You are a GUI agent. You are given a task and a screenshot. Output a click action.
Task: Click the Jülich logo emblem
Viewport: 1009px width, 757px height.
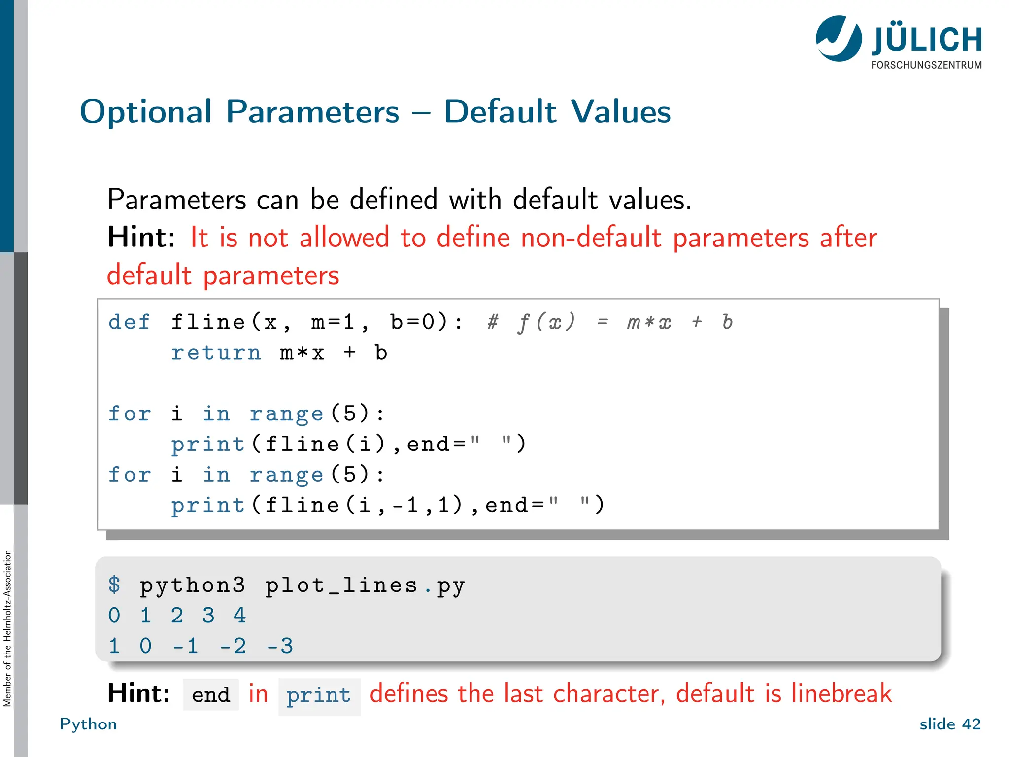[x=839, y=38]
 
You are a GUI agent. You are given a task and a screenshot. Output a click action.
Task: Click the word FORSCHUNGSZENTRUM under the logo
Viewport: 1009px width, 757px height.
[x=926, y=65]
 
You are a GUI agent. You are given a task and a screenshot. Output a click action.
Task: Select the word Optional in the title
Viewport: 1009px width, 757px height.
[x=146, y=112]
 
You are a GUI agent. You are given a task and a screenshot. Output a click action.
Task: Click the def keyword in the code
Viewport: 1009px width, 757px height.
[x=129, y=322]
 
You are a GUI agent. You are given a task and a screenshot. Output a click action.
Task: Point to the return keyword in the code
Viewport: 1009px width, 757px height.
[x=216, y=353]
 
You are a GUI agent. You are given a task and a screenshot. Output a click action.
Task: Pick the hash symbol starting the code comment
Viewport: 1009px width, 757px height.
[x=493, y=322]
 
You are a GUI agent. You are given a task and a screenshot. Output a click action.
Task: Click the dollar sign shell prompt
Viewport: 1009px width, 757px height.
[x=114, y=585]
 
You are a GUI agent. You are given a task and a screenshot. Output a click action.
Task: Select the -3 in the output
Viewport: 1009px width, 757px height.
[x=280, y=646]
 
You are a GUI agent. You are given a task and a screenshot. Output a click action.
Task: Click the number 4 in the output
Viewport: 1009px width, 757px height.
[x=240, y=616]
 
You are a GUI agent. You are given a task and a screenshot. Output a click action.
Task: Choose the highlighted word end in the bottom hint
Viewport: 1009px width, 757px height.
[x=211, y=695]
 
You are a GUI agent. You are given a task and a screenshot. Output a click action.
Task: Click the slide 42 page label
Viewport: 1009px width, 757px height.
[x=950, y=724]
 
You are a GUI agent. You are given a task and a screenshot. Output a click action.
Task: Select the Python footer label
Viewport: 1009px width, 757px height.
[x=88, y=724]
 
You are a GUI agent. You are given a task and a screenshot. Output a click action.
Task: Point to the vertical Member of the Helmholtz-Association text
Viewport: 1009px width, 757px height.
[x=7, y=628]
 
